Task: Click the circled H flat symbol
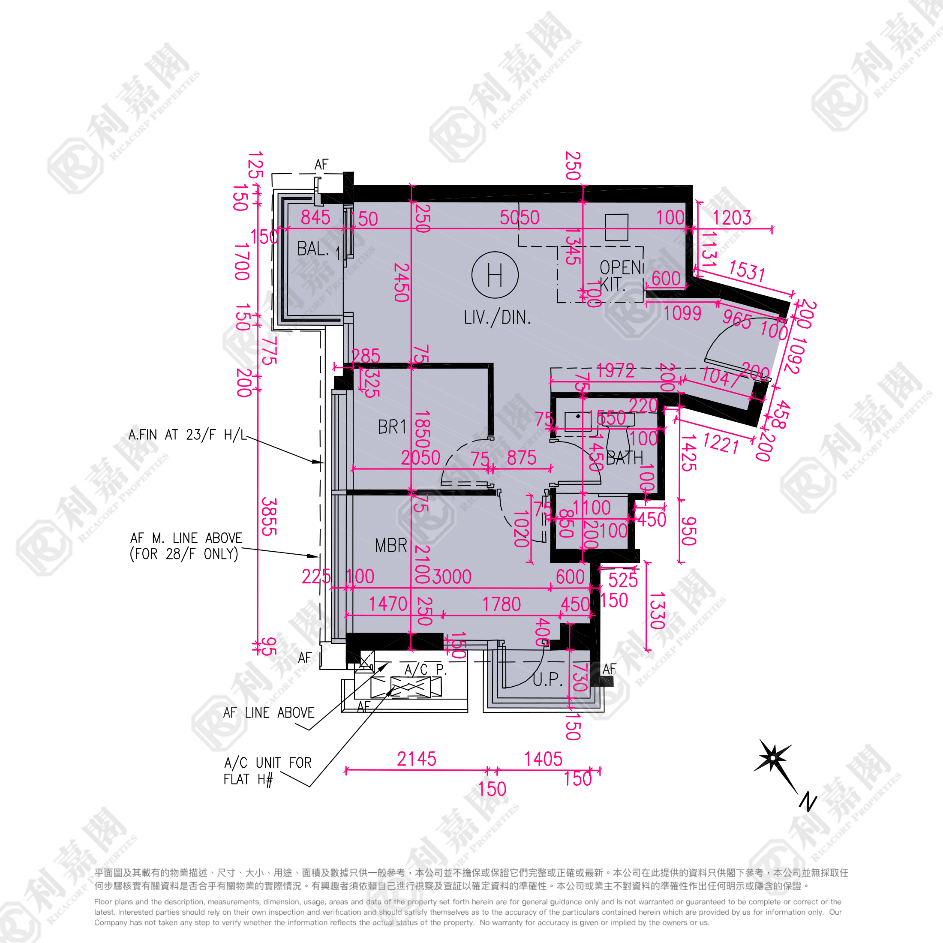495,275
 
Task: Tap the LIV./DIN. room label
497,318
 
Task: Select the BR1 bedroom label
392,427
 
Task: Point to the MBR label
391,545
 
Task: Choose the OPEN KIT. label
621,275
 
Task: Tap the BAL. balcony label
312,249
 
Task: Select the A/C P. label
425,670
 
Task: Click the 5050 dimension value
520,218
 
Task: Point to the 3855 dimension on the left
269,517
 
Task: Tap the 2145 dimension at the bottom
416,760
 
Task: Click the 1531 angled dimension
746,270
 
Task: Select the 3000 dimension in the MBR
452,577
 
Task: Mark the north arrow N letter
808,802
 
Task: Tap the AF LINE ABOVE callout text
268,713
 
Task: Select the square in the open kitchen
616,228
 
